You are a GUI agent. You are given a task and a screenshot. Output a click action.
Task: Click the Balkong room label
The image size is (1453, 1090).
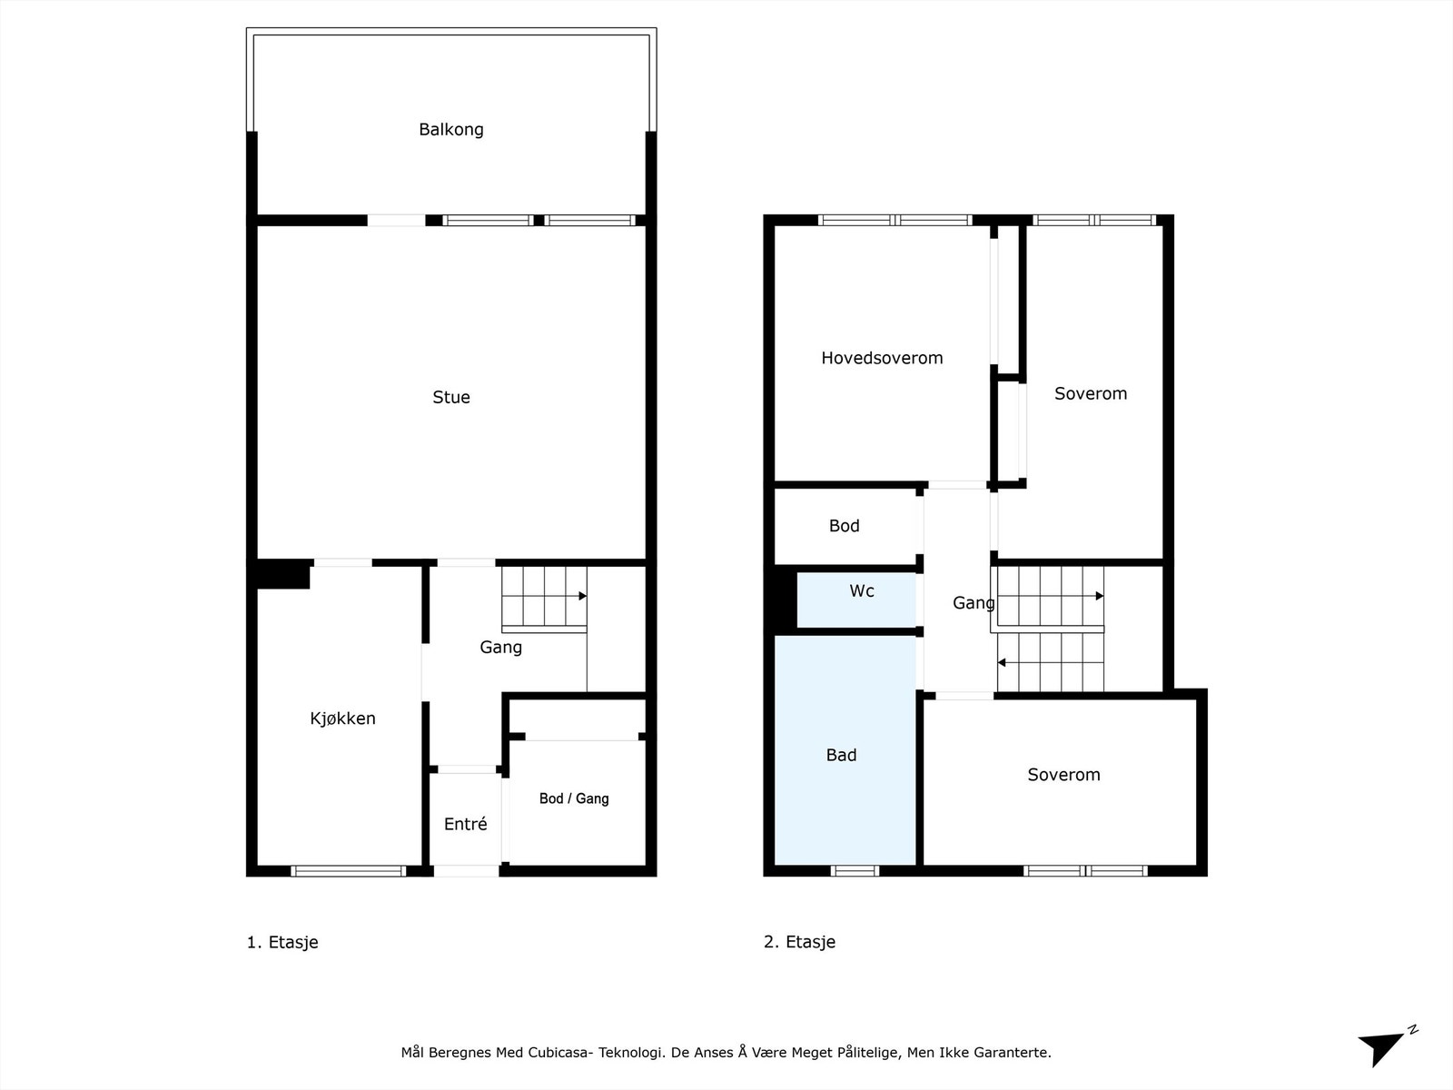click(x=450, y=129)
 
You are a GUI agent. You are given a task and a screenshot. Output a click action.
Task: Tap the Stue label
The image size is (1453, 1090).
click(x=450, y=397)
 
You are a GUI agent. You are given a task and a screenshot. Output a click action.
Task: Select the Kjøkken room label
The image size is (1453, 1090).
click(x=342, y=718)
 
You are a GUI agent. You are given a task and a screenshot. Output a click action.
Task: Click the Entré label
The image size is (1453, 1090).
click(x=465, y=824)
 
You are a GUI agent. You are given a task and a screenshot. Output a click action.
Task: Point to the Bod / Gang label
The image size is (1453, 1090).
click(x=573, y=798)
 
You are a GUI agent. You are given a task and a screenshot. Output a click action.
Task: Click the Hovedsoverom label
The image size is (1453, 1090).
click(x=881, y=358)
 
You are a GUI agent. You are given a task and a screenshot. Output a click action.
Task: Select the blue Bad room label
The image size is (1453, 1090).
click(x=841, y=755)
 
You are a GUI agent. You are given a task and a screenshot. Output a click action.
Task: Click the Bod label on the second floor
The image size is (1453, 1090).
click(x=844, y=526)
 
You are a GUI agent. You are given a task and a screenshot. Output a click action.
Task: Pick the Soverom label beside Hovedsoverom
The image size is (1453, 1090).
click(x=1090, y=393)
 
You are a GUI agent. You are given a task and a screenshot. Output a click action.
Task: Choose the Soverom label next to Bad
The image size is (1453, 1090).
click(x=1063, y=775)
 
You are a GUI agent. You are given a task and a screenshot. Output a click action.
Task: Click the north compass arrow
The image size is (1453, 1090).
click(x=1382, y=1047)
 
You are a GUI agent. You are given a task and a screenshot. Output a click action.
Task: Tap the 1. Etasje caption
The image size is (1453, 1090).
click(x=282, y=942)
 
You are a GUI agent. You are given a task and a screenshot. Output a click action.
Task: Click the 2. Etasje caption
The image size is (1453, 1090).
click(x=799, y=942)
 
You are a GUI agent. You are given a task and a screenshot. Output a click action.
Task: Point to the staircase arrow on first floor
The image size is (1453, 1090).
click(x=581, y=596)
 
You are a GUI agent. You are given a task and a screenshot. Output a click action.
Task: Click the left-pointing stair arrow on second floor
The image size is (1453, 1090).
click(x=1003, y=663)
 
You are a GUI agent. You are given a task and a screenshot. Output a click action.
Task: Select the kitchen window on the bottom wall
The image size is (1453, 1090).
click(x=348, y=870)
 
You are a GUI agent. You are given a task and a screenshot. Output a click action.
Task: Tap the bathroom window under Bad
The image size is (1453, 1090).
click(x=855, y=870)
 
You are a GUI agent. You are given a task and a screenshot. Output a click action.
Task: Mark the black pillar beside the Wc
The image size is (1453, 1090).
click(x=779, y=600)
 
